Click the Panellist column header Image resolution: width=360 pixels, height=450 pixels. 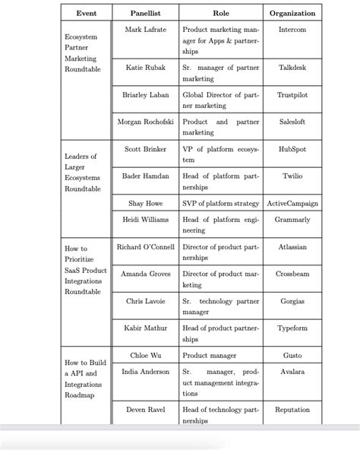(145, 13)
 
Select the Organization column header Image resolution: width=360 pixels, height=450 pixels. (292, 13)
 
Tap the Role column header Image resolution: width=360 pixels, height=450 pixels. (221, 13)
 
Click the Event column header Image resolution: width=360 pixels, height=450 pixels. (85, 13)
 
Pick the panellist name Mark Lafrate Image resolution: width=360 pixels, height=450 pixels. (145, 30)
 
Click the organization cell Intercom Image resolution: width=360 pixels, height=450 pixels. (292, 30)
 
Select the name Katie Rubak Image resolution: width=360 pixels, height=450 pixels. (145, 68)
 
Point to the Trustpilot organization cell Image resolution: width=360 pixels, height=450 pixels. (292, 95)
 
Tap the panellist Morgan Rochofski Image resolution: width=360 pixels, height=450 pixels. (145, 122)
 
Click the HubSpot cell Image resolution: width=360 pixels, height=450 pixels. (292, 149)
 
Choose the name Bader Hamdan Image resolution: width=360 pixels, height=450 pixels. (145, 176)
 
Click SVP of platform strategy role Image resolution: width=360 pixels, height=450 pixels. (221, 203)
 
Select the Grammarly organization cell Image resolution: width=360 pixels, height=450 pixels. (292, 220)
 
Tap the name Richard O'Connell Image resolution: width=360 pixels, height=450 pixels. (145, 246)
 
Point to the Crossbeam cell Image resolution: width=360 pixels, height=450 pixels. (292, 274)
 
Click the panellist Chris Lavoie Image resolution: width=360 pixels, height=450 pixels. (145, 301)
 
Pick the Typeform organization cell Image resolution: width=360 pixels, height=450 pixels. (292, 328)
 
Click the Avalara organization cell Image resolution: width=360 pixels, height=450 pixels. (292, 372)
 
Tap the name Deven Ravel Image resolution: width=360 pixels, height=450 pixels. (145, 410)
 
